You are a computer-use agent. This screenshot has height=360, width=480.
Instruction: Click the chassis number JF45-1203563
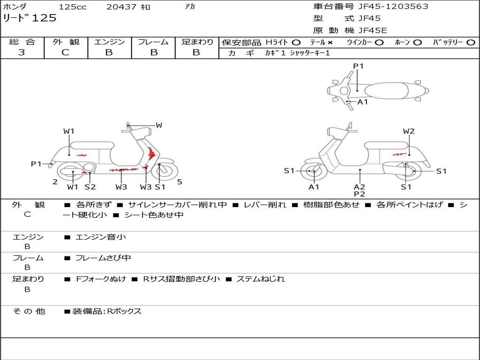point(393,7)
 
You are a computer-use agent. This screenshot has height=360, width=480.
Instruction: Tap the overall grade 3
point(22,52)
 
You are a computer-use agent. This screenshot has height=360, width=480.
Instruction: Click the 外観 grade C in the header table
point(66,52)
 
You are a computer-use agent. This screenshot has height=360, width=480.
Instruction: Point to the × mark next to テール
point(330,43)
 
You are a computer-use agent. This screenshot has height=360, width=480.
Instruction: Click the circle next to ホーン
point(417,43)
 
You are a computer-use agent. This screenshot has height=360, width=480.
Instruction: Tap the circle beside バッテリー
point(471,43)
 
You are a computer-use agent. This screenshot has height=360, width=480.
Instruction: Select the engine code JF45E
point(373,30)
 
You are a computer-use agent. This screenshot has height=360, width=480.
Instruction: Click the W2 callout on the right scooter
point(409,131)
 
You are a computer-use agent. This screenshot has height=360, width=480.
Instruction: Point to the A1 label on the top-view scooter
point(362,102)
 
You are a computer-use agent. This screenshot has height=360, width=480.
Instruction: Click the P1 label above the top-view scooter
point(358,66)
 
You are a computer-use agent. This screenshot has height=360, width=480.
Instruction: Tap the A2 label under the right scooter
point(360,187)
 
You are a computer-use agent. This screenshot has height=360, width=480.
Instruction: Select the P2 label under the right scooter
point(360,194)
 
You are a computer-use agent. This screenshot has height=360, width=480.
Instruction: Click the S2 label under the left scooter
point(90,187)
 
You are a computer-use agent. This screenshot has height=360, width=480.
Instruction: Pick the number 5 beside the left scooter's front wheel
point(180,182)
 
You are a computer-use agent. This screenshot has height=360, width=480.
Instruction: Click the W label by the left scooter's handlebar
point(159,125)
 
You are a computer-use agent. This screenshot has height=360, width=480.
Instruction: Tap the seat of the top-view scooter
point(386,91)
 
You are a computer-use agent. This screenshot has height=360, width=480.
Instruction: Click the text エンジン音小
point(101,237)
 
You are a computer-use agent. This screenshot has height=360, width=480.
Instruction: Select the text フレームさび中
point(103,258)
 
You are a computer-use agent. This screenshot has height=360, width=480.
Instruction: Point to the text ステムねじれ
point(261,279)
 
